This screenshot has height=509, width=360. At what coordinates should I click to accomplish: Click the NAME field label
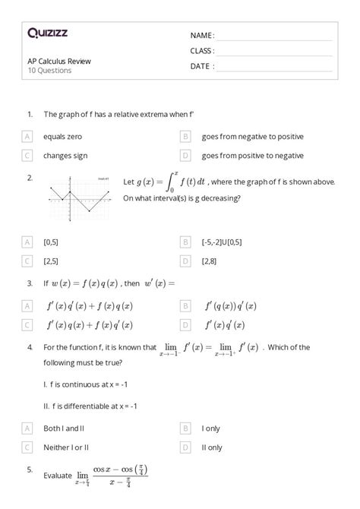202,36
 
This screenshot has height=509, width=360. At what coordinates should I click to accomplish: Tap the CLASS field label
202,51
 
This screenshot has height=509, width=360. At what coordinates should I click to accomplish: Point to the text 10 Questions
49,71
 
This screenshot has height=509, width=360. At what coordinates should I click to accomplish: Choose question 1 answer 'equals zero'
62,137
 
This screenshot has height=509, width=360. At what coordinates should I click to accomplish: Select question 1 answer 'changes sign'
65,156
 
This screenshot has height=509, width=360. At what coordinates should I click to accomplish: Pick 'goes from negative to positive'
252,137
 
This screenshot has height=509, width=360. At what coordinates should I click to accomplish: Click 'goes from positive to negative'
252,156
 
